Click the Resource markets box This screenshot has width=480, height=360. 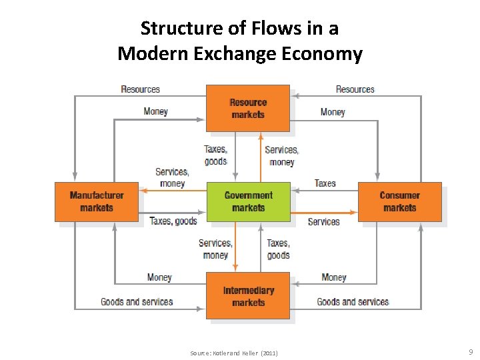click(x=248, y=108)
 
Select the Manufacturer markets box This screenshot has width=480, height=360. click(x=97, y=201)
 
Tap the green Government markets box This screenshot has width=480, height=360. click(x=248, y=201)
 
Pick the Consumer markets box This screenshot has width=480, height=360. click(x=399, y=201)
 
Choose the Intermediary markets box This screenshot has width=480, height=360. click(x=248, y=296)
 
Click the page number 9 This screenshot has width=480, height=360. click(x=471, y=351)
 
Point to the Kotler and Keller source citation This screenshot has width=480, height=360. click(x=233, y=353)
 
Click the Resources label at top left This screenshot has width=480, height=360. click(x=140, y=89)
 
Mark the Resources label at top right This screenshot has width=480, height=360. click(x=355, y=89)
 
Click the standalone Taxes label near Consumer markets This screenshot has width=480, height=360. click(x=325, y=183)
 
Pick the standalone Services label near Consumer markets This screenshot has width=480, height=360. click(x=323, y=221)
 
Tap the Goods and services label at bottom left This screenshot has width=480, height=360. click(x=137, y=302)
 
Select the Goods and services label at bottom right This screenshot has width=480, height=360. click(x=353, y=302)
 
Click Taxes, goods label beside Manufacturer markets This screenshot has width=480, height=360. click(x=173, y=221)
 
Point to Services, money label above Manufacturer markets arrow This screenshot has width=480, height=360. click(x=172, y=177)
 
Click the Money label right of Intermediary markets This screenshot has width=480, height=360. click(x=333, y=277)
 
